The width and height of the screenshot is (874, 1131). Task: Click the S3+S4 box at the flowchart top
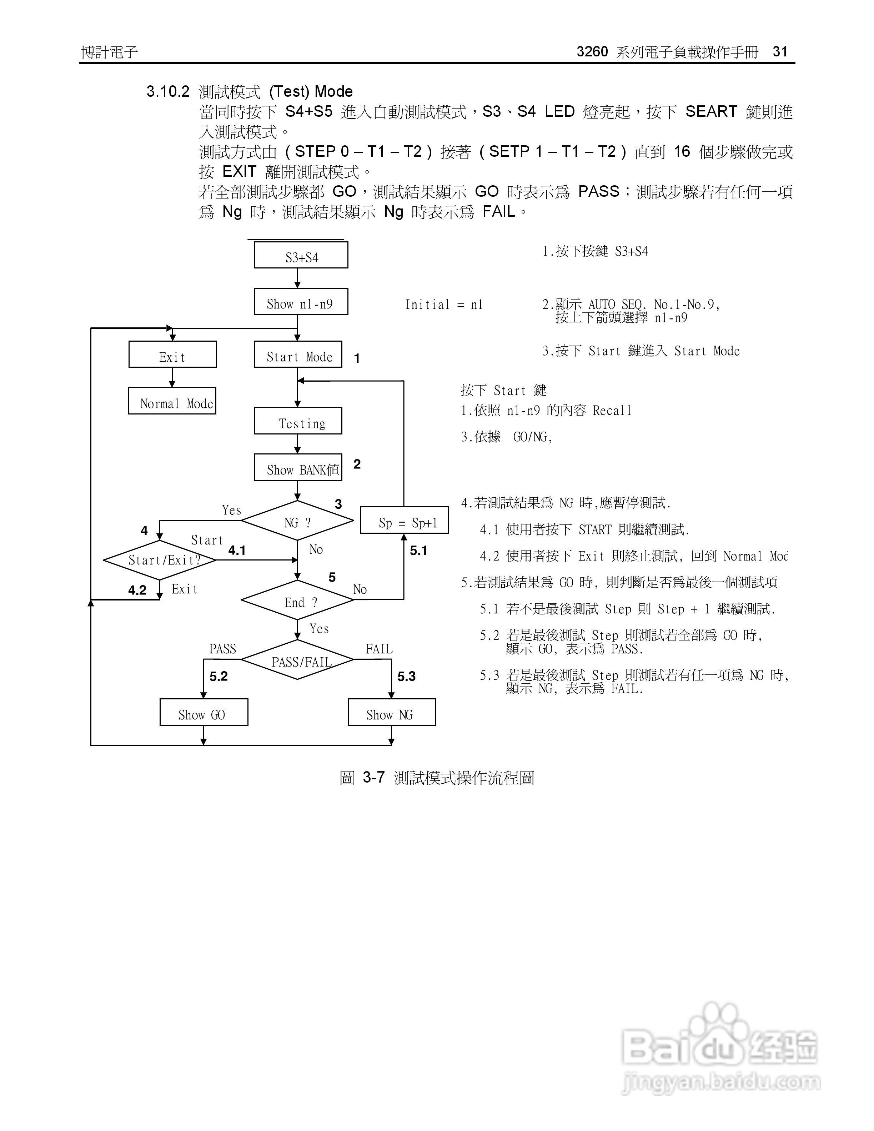[x=301, y=255]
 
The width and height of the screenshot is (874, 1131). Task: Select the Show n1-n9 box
[x=301, y=302]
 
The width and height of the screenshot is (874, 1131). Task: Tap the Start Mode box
[x=298, y=355]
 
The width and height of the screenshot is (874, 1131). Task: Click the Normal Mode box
[x=172, y=401]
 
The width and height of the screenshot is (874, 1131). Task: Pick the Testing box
[x=298, y=421]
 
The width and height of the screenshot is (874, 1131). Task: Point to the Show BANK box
[x=298, y=468]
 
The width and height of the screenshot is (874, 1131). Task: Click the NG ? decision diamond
[x=298, y=521]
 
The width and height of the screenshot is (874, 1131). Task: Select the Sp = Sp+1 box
[x=405, y=521]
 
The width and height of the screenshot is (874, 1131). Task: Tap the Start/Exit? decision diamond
[x=160, y=560]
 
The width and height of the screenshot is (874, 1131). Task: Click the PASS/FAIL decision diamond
[x=298, y=660]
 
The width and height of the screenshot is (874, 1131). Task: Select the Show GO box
[x=204, y=713]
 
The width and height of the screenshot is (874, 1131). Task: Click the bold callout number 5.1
[x=418, y=551]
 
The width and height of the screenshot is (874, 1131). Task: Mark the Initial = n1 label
[x=444, y=305]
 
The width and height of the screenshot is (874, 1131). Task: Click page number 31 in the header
[x=780, y=52]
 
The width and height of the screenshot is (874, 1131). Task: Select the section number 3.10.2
[x=168, y=92]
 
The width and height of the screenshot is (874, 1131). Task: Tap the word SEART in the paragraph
[x=711, y=111]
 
